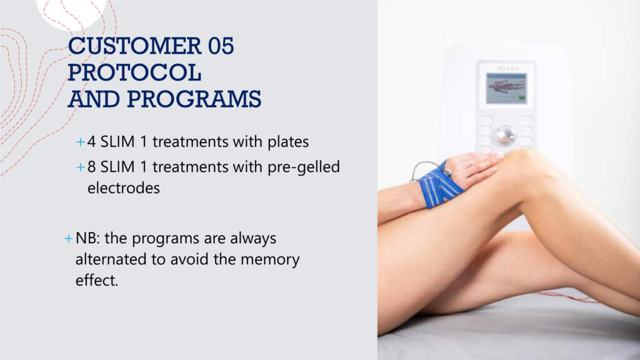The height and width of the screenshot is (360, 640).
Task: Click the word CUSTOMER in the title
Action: pos(135,46)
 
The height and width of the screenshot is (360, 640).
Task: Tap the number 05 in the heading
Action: pos(221,46)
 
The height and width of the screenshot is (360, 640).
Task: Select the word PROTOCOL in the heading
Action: pos(134,72)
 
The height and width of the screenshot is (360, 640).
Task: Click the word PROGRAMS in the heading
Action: pos(194,99)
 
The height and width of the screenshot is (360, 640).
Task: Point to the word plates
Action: pos(288,142)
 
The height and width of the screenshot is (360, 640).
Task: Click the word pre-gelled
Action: pos(304,167)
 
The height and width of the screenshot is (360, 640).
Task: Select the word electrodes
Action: pos(124,187)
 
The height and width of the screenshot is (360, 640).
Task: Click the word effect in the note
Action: pos(97,280)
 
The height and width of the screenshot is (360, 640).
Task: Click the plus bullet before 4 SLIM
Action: pos(81,142)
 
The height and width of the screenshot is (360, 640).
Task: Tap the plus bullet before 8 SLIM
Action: pos(81,167)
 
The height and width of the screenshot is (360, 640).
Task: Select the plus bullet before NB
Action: pos(69,238)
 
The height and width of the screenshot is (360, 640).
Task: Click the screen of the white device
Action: pos(506,88)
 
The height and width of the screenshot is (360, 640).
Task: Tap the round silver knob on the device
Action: pos(506,135)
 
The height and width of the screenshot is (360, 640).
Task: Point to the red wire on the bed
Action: pos(567,296)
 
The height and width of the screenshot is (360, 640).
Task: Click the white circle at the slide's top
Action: pos(71,13)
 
